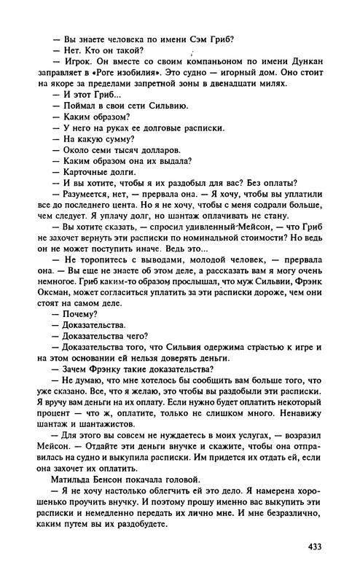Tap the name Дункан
[x=297, y=61]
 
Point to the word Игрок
[x=75, y=61]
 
